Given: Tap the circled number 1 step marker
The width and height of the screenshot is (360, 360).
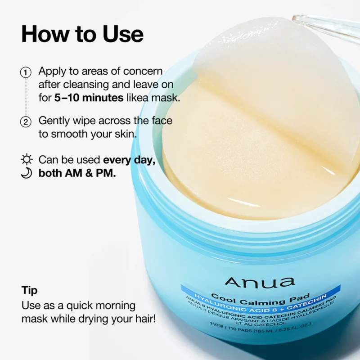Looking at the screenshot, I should [26, 72].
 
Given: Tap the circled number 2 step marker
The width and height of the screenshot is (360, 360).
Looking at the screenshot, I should [26, 121].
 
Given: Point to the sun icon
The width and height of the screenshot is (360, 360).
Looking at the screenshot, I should [27, 160].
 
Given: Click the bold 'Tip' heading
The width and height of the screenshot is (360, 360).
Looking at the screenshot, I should [30, 290].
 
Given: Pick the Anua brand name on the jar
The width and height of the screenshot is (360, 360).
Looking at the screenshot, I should [260, 282].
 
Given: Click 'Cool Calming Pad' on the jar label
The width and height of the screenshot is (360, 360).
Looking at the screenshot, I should [260, 298].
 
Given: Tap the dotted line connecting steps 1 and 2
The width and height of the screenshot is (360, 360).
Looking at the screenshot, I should [26, 97].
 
